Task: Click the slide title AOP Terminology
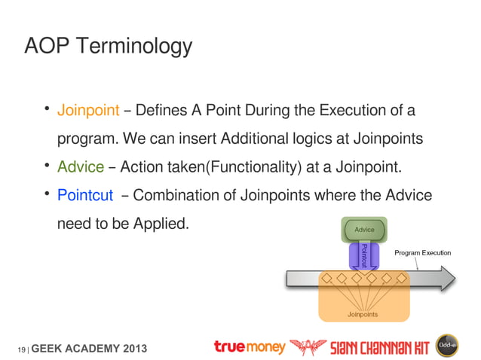tap(108, 47)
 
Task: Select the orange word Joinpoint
tap(88, 111)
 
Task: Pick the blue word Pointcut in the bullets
tap(85, 196)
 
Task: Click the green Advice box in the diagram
tap(364, 229)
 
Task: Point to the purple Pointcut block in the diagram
tap(363, 255)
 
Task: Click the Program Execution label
tap(422, 253)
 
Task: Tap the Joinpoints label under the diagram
tap(363, 314)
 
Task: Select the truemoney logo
tap(250, 346)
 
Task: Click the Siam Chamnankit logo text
tap(380, 347)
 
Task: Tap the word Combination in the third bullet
tap(177, 196)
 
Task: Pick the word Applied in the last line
tap(158, 224)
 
